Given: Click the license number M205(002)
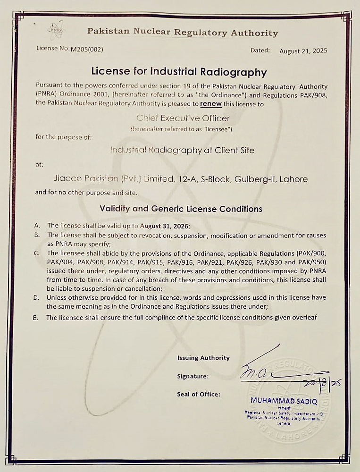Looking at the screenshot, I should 87,49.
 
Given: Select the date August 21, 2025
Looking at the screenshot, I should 303,51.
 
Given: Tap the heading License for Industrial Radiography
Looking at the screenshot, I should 179,72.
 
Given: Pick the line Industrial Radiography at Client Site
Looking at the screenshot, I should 182,150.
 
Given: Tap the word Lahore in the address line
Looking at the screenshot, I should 293,179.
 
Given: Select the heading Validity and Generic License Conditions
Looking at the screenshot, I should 181,209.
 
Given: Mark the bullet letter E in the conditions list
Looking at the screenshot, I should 35,318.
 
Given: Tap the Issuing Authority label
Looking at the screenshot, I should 203,358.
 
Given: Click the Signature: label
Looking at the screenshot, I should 193,376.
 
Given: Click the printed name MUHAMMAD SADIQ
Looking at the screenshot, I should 284,401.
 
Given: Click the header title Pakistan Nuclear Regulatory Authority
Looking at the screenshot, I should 183,33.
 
